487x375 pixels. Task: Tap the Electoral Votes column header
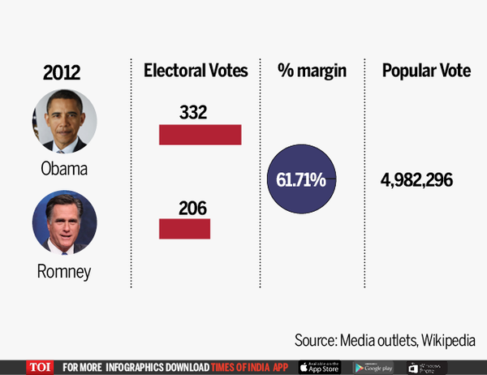(x=196, y=71)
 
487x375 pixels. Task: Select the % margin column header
(x=312, y=71)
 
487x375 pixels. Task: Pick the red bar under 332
(x=200, y=134)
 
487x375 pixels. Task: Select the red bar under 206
(x=184, y=229)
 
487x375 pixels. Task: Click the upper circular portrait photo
(x=65, y=122)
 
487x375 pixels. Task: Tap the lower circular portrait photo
(x=65, y=223)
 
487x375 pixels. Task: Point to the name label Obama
(x=65, y=170)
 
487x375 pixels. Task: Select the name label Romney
(x=65, y=272)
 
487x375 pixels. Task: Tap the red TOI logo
(x=38, y=367)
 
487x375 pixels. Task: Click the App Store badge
(x=321, y=367)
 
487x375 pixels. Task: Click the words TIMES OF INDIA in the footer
(x=241, y=367)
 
